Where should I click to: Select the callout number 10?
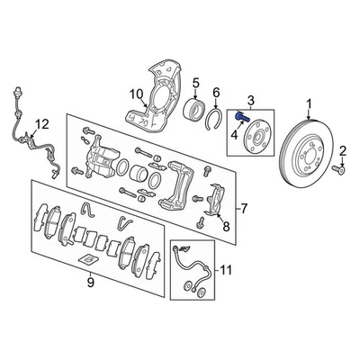[x=135, y=94]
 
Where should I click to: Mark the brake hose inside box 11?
[x=190, y=265]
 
